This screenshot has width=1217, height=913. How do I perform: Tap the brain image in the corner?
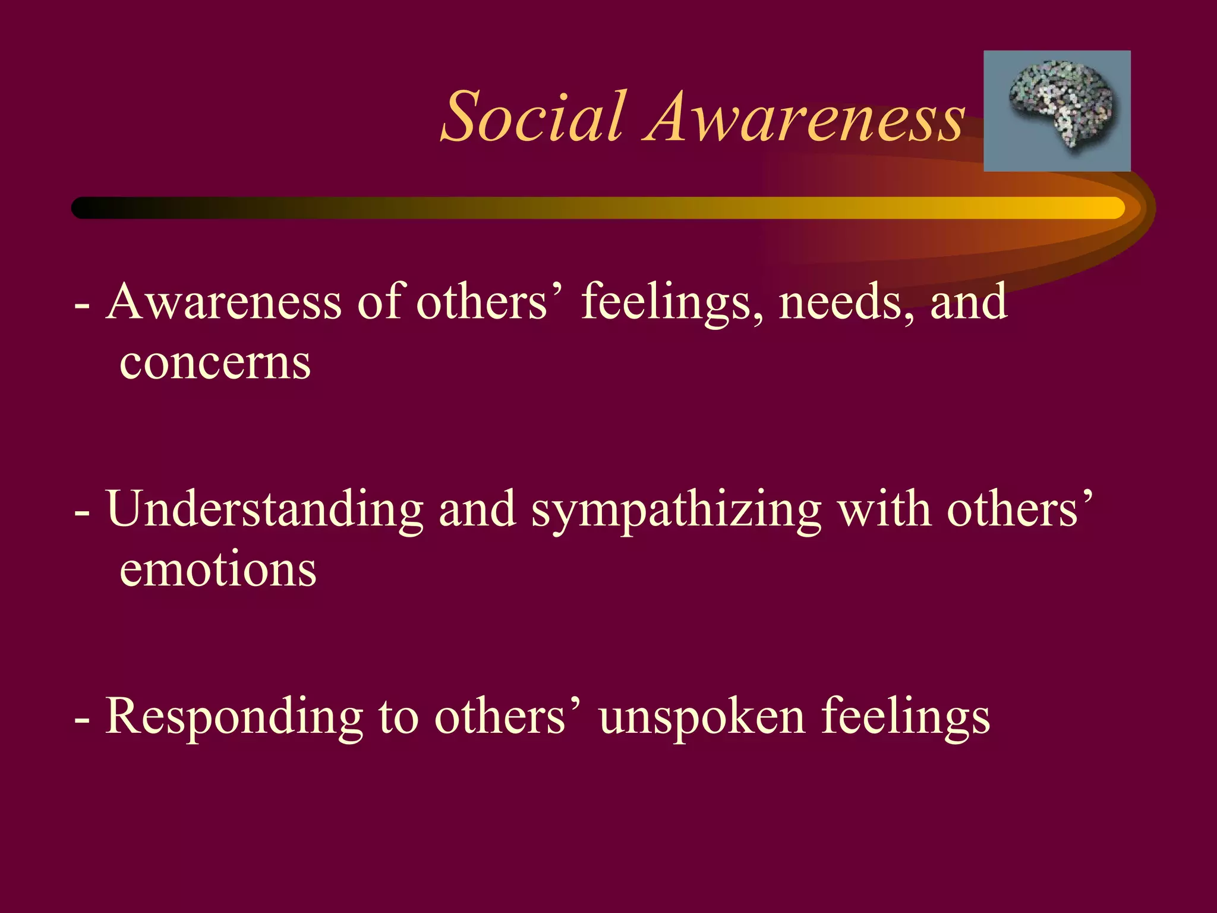(x=1057, y=111)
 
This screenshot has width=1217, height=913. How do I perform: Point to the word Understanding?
(x=265, y=510)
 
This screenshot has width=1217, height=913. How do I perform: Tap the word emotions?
(x=217, y=569)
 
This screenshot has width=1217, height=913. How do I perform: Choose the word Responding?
(x=234, y=718)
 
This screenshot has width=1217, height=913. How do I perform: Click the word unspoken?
(x=701, y=718)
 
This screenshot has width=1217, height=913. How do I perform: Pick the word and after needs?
(x=968, y=302)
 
